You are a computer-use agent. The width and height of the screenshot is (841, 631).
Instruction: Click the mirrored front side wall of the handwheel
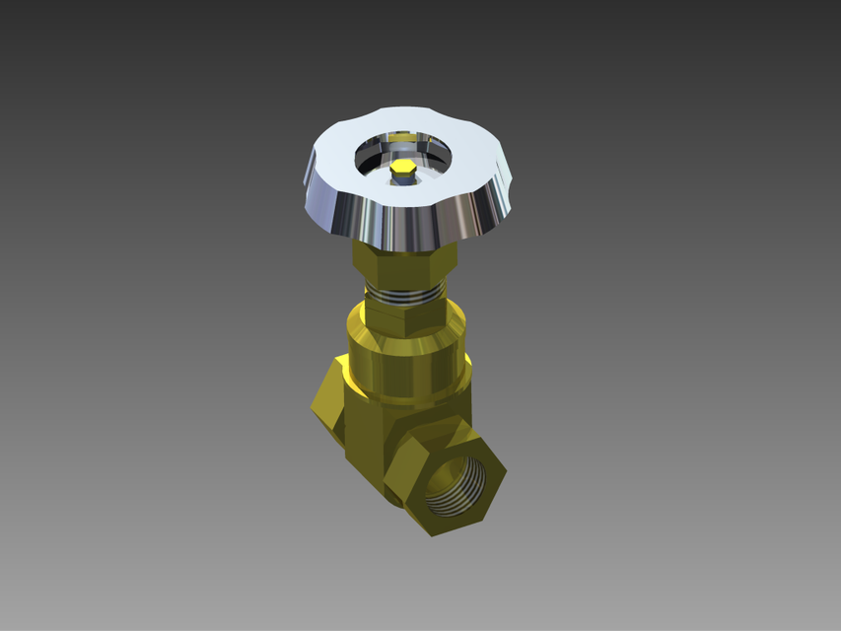(404, 227)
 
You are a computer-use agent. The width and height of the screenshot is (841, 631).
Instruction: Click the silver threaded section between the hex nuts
(404, 294)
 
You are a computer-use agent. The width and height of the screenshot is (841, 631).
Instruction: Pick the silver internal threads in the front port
(456, 483)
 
